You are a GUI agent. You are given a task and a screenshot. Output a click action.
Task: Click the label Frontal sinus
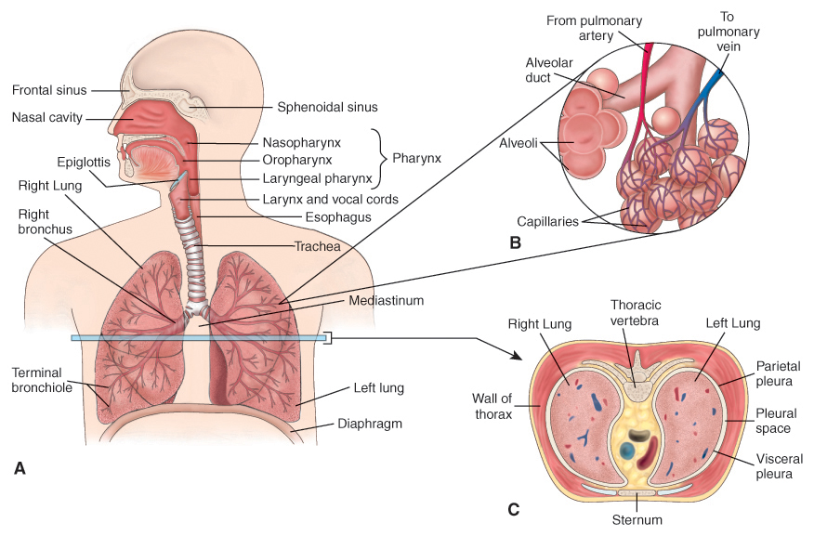(49, 90)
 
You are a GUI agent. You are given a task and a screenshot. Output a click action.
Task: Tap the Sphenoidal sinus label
(327, 107)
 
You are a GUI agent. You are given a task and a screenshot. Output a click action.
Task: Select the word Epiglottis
(84, 163)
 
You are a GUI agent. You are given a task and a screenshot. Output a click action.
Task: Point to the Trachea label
(317, 246)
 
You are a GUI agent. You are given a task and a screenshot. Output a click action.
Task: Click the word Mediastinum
(386, 300)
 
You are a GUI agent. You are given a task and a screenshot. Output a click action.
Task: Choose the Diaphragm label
(370, 424)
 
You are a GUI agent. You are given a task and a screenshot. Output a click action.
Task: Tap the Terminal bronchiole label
(42, 380)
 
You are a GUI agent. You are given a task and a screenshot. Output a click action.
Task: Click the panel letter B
(515, 242)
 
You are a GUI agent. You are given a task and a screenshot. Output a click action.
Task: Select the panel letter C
(513, 510)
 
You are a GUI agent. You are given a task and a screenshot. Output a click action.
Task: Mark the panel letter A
(20, 468)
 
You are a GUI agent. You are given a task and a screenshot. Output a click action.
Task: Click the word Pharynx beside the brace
(416, 158)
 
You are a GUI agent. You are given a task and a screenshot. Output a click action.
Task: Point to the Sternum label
(637, 520)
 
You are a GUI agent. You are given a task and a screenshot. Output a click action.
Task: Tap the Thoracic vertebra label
(635, 313)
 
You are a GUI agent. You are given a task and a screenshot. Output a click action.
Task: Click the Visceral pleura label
(779, 466)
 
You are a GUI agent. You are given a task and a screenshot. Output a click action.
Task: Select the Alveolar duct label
(549, 70)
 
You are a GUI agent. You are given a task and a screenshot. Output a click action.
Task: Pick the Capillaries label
(547, 222)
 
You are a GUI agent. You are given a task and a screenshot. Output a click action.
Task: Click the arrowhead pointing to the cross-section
(517, 356)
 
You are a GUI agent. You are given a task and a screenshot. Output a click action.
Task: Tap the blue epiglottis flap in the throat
(178, 179)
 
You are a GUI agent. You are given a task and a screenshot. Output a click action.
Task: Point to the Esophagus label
(338, 217)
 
